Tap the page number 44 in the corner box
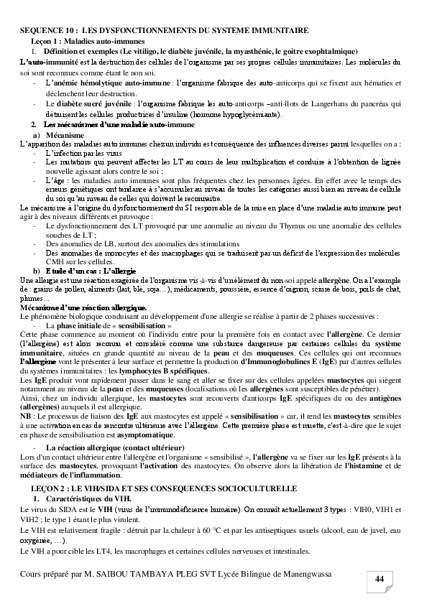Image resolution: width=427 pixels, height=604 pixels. click(x=380, y=579)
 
